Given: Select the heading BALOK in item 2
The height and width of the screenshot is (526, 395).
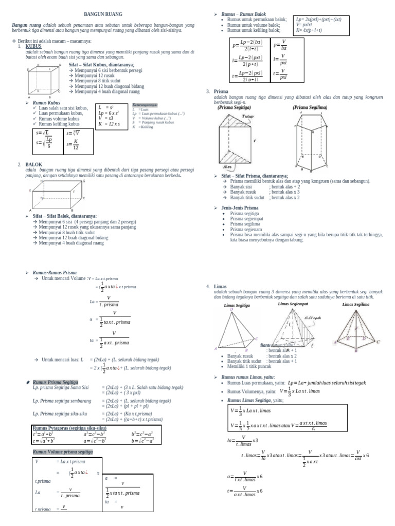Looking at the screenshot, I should (33, 164).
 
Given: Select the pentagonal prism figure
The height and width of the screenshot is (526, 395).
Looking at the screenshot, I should (311, 141).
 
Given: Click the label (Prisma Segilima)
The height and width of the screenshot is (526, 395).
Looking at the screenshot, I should (310, 108).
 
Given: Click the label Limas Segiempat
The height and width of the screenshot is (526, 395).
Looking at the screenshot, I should (293, 304).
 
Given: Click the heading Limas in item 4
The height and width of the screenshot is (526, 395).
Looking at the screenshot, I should (220, 286).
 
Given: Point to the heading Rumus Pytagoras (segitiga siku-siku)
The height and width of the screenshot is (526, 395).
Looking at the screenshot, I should (69, 428).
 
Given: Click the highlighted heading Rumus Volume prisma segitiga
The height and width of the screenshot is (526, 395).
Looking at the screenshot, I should (63, 452).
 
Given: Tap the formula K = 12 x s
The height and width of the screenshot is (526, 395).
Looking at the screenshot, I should (109, 124).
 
